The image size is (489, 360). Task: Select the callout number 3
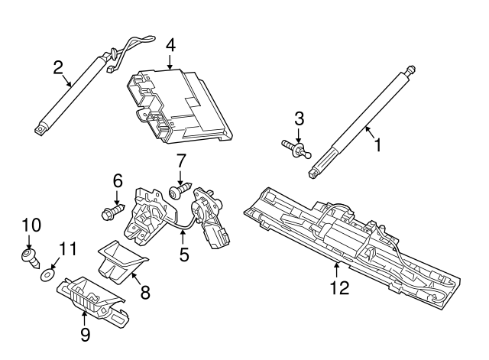[x=300, y=118]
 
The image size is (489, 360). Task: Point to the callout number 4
[x=170, y=45]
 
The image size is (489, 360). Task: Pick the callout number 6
[x=118, y=181]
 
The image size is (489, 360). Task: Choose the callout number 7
[x=181, y=161]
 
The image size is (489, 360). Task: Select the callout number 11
[x=68, y=248]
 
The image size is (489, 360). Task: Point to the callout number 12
[x=338, y=287]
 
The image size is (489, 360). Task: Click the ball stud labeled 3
[x=295, y=148]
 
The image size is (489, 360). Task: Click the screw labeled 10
[x=29, y=256]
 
